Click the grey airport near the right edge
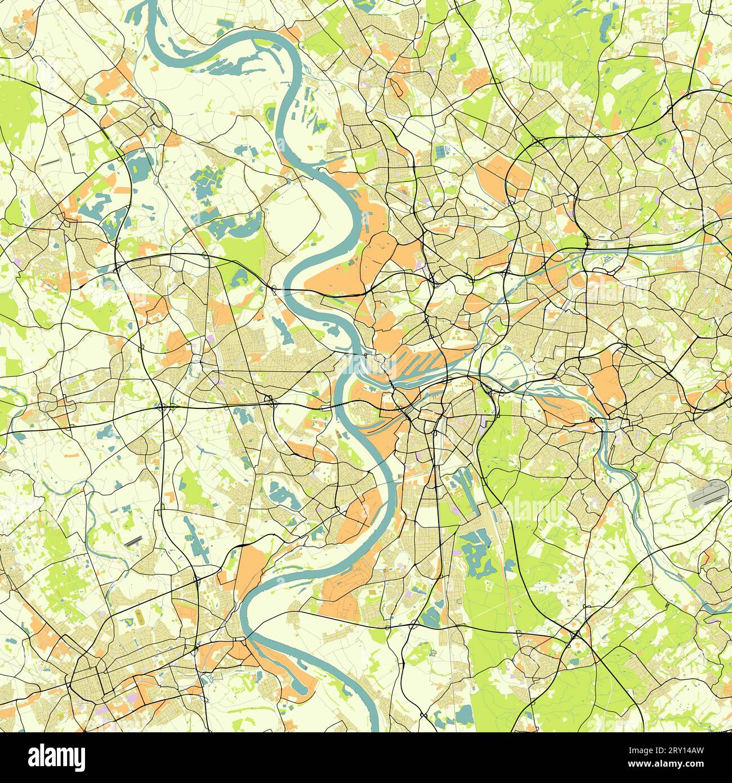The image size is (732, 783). coord(708,494)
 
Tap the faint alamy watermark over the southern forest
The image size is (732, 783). coord(529,510)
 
